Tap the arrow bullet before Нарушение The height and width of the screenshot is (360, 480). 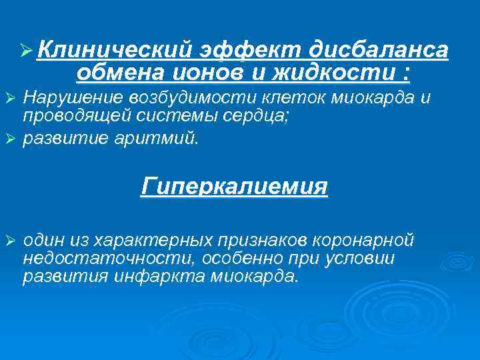(x=11, y=99)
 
